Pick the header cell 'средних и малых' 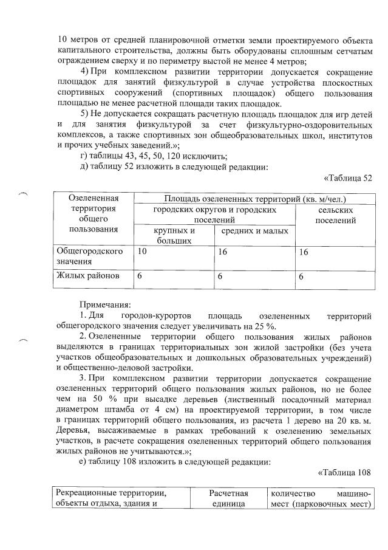coord(254,231)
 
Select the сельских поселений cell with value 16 coord(303,251)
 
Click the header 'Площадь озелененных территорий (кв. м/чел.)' coord(252,199)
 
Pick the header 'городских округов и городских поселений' coord(214,215)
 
